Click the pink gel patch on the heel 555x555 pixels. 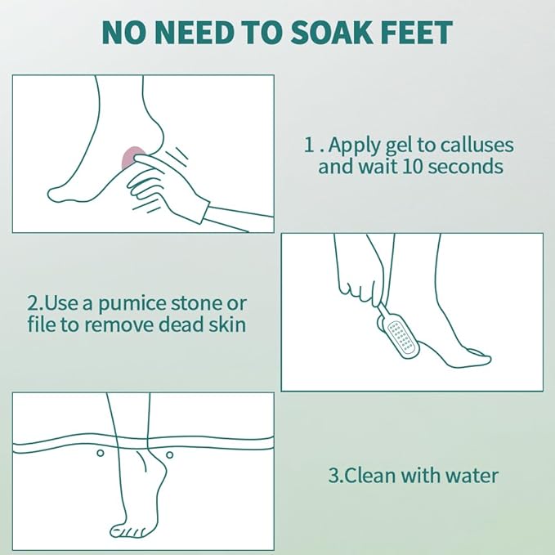point(131,158)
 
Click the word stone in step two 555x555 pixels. point(213,303)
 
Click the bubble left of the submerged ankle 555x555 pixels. point(100,453)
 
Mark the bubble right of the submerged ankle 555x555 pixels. point(169,454)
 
